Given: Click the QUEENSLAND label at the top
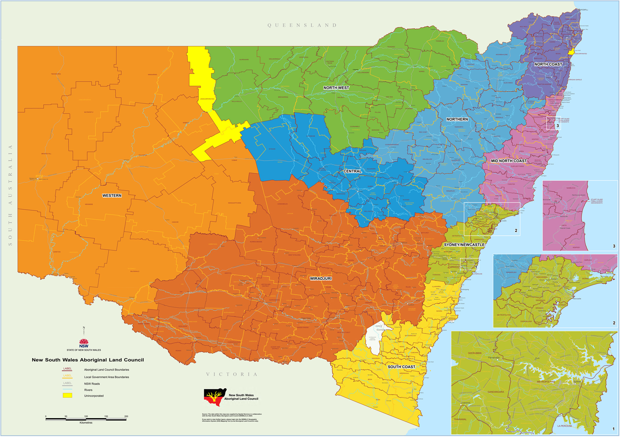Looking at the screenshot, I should [x=302, y=25].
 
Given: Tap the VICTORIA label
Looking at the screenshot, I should [x=232, y=374].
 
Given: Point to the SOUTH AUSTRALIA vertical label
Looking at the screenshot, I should [x=10, y=195].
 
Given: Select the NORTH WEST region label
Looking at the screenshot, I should [x=336, y=88].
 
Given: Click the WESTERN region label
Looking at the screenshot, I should [x=112, y=196].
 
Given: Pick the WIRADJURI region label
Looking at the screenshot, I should [x=321, y=279].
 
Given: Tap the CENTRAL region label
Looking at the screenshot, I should [x=352, y=171].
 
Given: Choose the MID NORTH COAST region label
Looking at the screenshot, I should [x=509, y=161].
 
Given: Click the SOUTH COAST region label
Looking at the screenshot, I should [x=401, y=367].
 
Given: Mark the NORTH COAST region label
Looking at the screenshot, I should [x=548, y=64].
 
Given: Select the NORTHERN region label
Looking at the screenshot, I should [x=457, y=119].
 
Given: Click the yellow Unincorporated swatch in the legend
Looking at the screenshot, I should [x=67, y=395].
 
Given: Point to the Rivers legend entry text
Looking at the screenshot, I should [x=88, y=390].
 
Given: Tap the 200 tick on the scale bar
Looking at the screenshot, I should [x=126, y=416].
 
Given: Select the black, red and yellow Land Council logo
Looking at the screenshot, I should [x=215, y=397].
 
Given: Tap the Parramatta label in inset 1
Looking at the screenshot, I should [x=494, y=358].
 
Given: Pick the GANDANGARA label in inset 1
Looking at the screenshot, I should [x=496, y=392].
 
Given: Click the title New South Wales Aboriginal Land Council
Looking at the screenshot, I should [x=88, y=360].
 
